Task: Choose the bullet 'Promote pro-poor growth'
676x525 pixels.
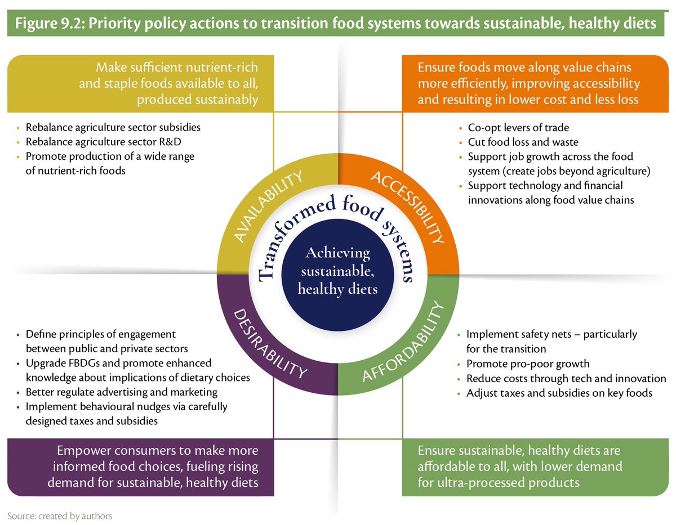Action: pos(528,364)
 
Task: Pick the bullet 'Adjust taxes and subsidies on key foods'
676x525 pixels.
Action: pos(559,393)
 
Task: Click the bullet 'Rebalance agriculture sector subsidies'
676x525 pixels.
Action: pos(113,127)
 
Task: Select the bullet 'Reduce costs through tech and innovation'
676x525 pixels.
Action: pos(566,378)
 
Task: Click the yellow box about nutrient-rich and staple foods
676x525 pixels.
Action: pos(141,83)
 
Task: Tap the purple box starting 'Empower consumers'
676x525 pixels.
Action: pos(141,466)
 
